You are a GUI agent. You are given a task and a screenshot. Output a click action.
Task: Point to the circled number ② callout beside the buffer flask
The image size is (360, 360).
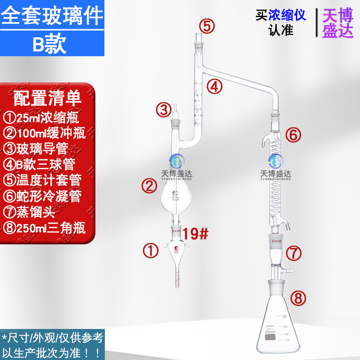(x=149, y=184)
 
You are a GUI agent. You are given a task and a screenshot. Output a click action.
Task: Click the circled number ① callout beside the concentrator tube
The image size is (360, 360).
(x=151, y=251)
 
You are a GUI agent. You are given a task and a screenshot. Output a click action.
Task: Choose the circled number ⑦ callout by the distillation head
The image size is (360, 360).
(x=294, y=253)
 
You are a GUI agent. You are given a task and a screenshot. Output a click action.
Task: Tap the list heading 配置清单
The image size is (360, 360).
(x=47, y=97)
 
